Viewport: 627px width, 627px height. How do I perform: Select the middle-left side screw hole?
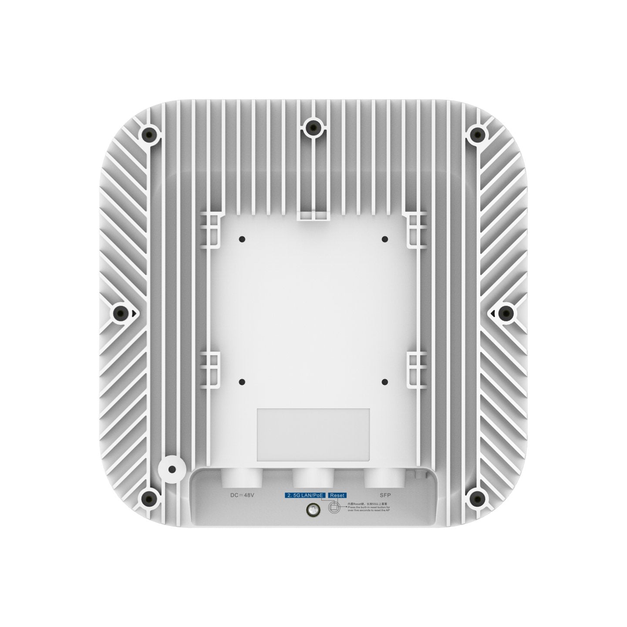121,313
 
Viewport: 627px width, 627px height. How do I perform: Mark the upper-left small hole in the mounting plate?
242,239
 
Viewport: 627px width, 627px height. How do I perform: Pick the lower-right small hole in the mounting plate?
384,382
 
